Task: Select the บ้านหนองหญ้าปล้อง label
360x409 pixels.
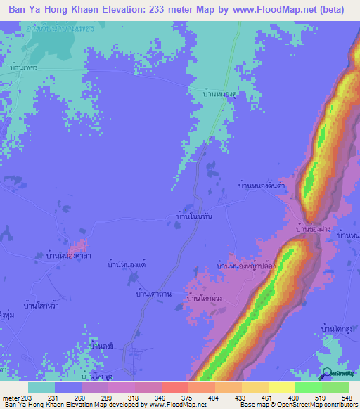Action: (x=246, y=266)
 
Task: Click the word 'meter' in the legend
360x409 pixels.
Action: (x=11, y=397)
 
